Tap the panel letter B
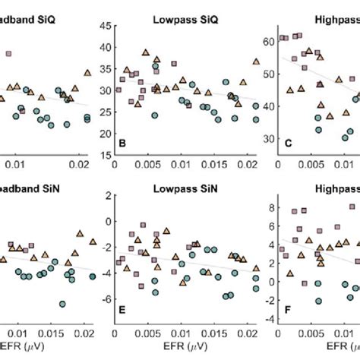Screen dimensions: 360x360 point(121,143)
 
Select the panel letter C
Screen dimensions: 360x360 point(287,143)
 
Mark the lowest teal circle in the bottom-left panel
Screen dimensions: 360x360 point(62,304)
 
